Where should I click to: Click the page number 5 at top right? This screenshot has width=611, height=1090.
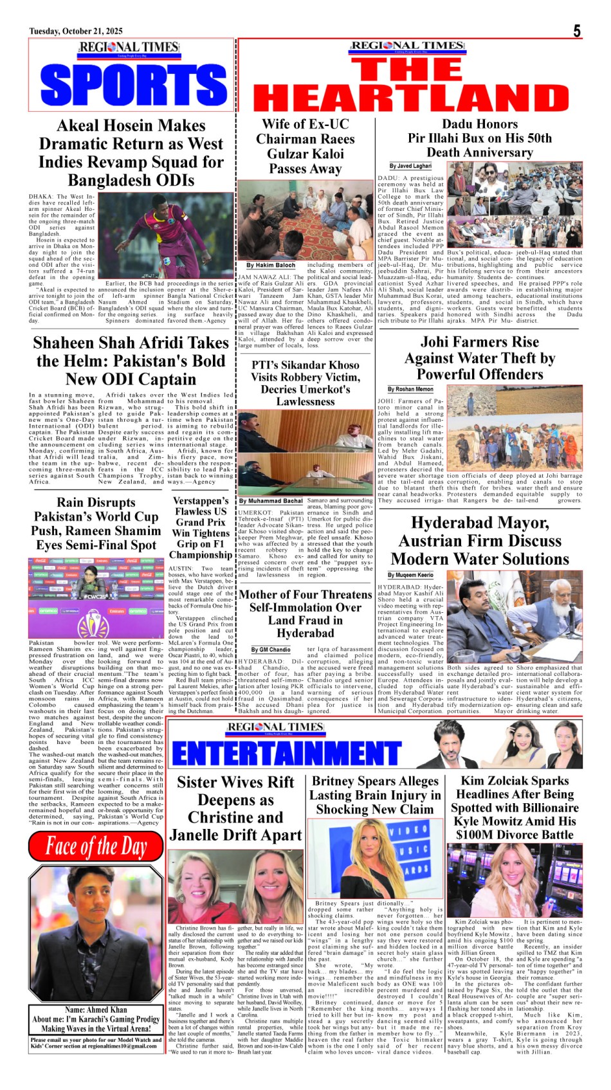pos(577,31)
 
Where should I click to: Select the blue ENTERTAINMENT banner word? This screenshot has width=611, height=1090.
pos(286,753)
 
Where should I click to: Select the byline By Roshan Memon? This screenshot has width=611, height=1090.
pos(410,389)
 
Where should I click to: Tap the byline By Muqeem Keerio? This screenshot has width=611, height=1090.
pos(410,575)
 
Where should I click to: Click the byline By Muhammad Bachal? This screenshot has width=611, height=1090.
pos(271,500)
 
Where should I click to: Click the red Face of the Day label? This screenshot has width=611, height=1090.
pos(96,846)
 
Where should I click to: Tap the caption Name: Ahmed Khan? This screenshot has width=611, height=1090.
pos(96,1010)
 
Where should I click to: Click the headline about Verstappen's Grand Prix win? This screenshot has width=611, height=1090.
pos(201,527)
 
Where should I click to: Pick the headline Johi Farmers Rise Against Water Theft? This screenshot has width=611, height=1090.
pos(480,358)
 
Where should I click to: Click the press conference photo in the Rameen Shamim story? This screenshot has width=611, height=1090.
pos(96,597)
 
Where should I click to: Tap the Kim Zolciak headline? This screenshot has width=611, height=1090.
pos(515,808)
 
